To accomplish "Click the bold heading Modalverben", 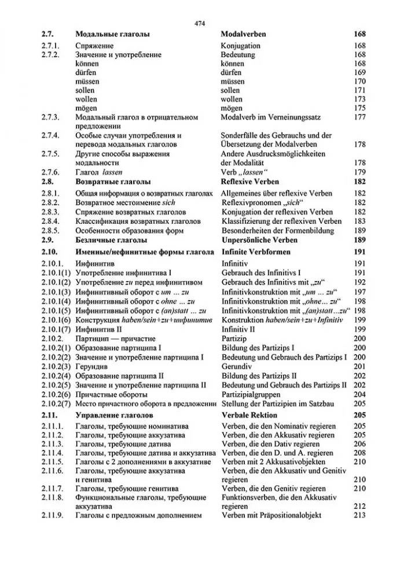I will pyautogui.click(x=242, y=35).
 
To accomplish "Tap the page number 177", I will pyautogui.click(x=360, y=117).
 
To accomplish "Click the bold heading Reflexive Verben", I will pyautogui.click(x=250, y=182).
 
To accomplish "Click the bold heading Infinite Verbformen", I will pyautogui.click(x=256, y=252).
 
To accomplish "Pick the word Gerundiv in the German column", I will pyautogui.click(x=237, y=366).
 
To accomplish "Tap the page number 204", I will pyautogui.click(x=360, y=394).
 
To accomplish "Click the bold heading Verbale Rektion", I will pyautogui.click(x=250, y=415).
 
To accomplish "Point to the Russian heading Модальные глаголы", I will pyautogui.click(x=112, y=35).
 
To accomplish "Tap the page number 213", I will pyautogui.click(x=360, y=515).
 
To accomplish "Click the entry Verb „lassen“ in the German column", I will pyautogui.click(x=245, y=172).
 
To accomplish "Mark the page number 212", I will pyautogui.click(x=360, y=506).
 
